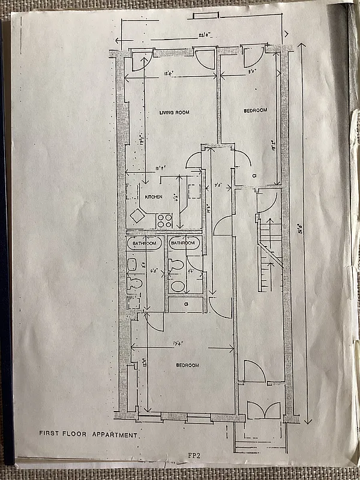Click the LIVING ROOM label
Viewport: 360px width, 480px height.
171,113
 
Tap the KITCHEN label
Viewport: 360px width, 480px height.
154,196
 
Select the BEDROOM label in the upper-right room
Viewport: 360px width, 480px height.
255,111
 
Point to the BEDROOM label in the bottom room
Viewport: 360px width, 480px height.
187,365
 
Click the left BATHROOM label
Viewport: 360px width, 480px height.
144,243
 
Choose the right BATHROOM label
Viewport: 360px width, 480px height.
182,243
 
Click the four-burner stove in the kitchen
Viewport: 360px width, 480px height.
164,220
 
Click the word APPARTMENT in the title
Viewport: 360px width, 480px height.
116,434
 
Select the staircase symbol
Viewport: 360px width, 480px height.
271,252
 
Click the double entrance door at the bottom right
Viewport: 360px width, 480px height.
264,411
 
